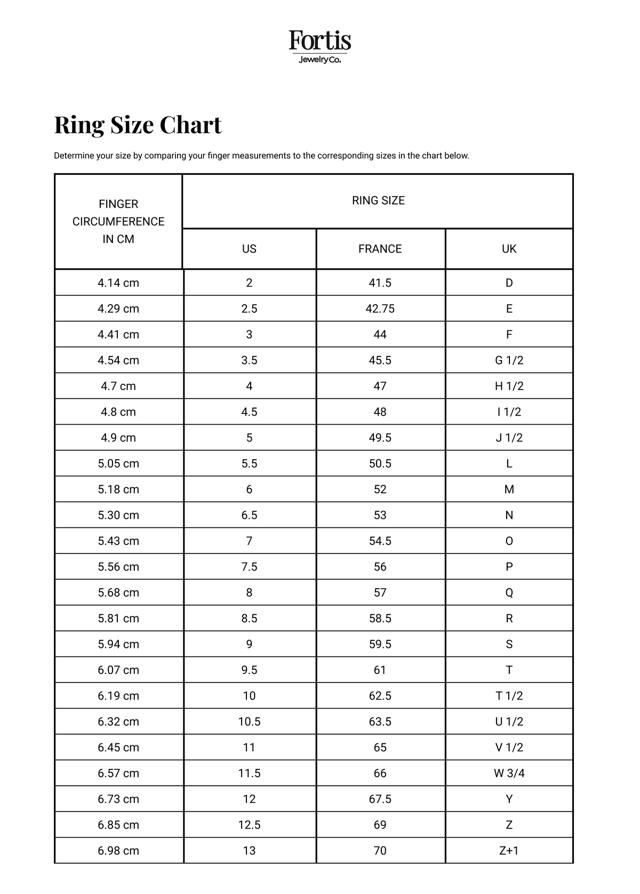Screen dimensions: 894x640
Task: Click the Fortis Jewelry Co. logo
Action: (320, 47)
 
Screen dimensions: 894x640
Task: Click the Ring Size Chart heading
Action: (138, 125)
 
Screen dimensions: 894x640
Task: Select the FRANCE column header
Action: (380, 249)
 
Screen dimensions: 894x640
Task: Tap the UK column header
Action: (509, 249)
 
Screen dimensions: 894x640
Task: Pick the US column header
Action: (249, 249)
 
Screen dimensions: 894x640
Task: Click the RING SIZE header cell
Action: (378, 201)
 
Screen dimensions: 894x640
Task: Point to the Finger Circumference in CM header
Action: (118, 222)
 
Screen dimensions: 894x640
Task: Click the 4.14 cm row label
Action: (118, 283)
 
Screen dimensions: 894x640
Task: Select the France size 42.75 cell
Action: (380, 309)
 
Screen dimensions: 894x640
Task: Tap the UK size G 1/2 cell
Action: (509, 361)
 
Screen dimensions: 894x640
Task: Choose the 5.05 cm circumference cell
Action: (118, 464)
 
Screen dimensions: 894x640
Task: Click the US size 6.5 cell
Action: (249, 515)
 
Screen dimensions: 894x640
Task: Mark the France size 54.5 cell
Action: (380, 541)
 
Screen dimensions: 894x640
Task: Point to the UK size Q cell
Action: (509, 592)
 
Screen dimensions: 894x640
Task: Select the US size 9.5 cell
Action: (249, 670)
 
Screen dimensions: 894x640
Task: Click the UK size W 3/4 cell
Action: (509, 773)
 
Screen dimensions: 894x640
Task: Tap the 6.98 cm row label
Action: (118, 851)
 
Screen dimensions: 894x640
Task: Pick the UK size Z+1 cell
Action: (509, 851)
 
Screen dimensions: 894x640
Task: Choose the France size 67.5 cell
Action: (380, 799)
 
